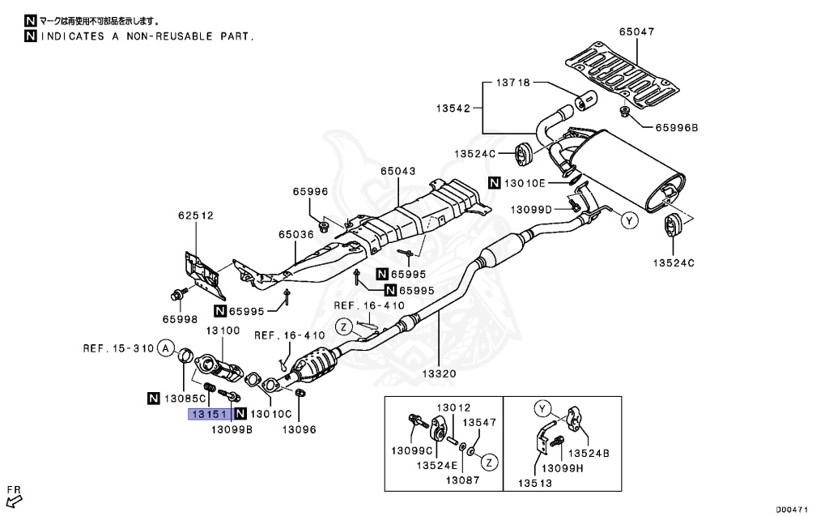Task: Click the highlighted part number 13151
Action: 209,414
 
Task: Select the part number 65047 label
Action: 636,32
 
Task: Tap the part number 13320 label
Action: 440,374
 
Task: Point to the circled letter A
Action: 164,349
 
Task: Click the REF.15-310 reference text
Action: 117,349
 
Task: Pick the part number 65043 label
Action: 398,172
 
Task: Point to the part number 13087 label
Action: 463,480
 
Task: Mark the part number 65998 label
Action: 179,319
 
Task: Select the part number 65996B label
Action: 676,127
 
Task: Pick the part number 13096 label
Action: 298,429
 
